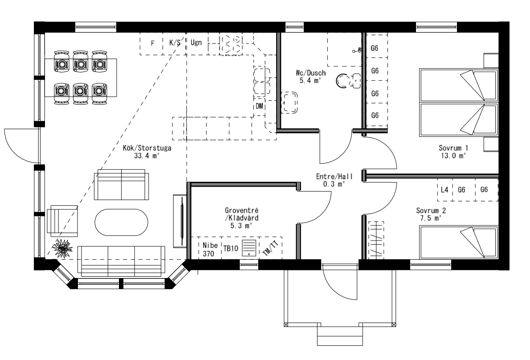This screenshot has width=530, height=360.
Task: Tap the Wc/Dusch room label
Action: coord(311,76)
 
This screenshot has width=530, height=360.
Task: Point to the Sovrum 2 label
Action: coord(431,214)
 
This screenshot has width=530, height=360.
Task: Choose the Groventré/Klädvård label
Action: coord(242,217)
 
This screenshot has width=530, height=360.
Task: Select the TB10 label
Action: coord(230,249)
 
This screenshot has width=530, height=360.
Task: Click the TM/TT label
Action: coord(269,247)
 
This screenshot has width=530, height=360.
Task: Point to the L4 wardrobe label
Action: coord(444,190)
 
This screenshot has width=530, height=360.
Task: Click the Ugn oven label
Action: coord(196,43)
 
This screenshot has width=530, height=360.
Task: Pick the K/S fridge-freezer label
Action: coord(175,43)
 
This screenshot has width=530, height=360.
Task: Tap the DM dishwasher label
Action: coord(259,106)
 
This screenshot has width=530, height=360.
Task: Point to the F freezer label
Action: coord(152,43)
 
